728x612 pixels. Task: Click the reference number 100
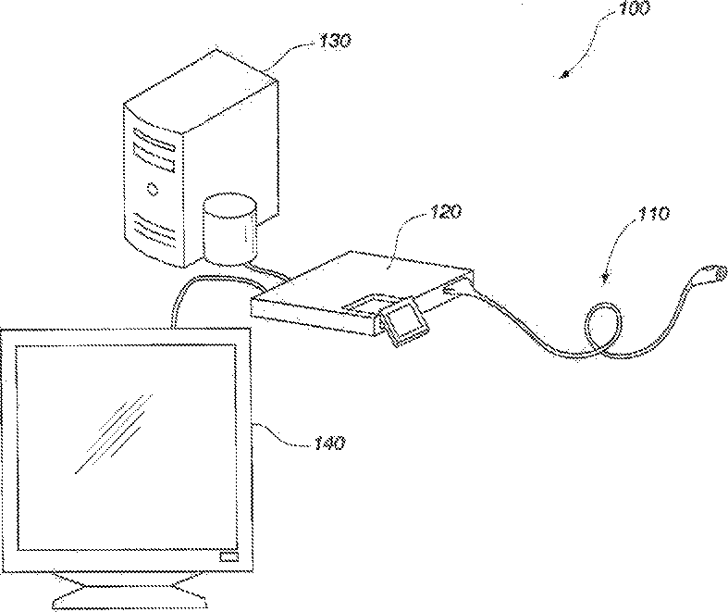click(635, 10)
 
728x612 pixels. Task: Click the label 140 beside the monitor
click(327, 443)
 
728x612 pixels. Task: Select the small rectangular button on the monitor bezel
click(227, 557)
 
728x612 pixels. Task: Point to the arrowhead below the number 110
click(605, 275)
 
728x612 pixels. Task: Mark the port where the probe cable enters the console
click(452, 291)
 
